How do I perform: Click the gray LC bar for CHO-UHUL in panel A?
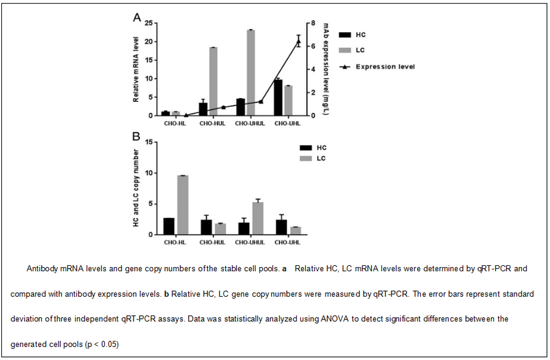251,73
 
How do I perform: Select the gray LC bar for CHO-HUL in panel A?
213,82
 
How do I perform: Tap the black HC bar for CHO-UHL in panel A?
278,98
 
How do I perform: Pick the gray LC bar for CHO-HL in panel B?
183,205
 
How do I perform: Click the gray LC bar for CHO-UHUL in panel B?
258,218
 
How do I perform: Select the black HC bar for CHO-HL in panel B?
169,226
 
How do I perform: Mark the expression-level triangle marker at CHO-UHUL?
260,102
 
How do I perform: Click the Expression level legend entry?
377,67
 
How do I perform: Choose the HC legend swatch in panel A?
345,35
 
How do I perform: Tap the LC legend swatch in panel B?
306,159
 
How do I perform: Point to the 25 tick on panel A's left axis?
149,23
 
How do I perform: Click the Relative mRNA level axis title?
136,70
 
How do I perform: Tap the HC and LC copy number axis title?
136,188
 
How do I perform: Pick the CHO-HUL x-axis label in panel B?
213,243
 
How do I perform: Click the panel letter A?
137,17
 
